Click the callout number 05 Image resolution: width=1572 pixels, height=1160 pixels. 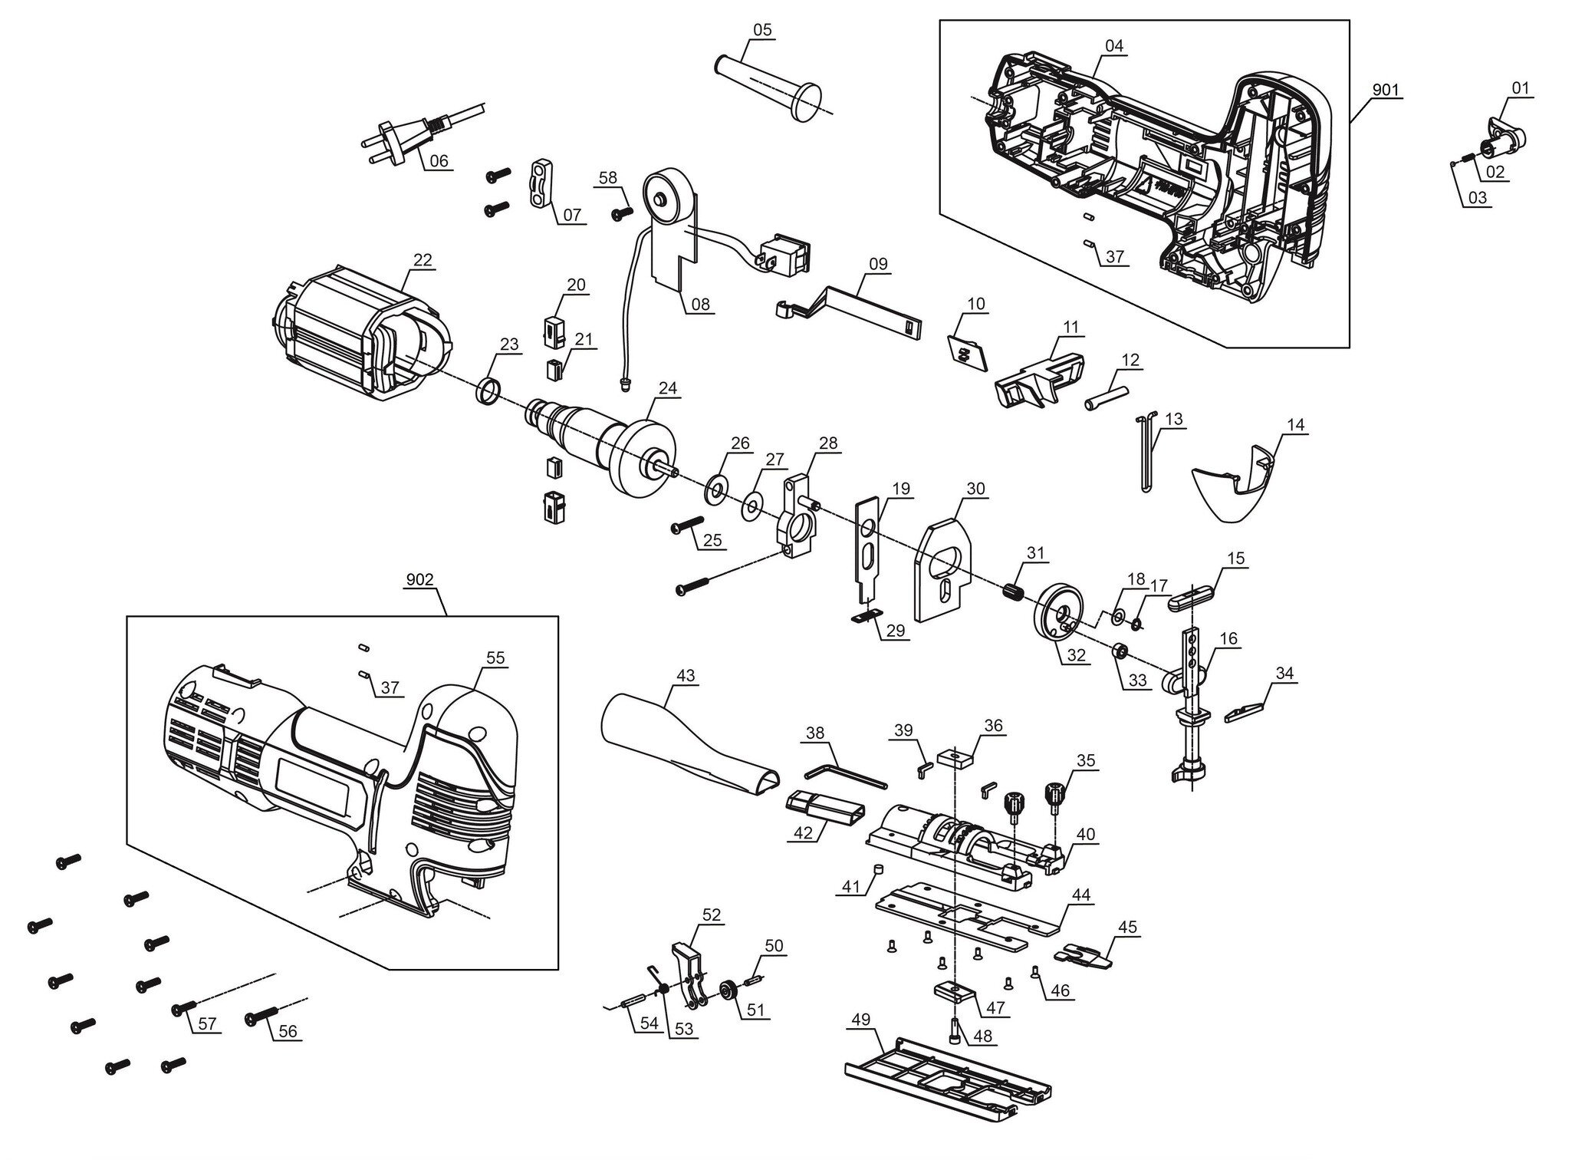[762, 30]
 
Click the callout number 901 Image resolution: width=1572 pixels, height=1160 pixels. [1385, 91]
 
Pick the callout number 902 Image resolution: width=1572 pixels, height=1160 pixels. [419, 579]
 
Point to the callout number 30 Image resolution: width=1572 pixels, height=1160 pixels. [975, 489]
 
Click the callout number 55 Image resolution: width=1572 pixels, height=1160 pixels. [495, 657]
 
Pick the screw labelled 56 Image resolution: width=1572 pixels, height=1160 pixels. [260, 1018]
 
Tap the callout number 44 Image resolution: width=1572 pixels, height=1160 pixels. [1081, 895]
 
